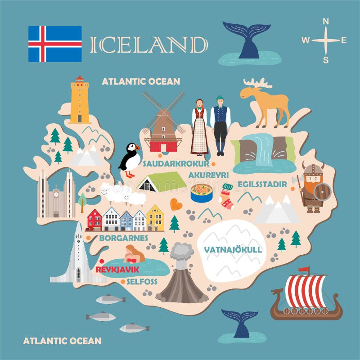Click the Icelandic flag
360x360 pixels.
(x=55, y=44)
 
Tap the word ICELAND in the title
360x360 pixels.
(x=148, y=45)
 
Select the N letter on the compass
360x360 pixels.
(x=326, y=21)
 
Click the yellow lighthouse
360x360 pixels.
(x=80, y=101)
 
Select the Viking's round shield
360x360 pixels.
(x=322, y=191)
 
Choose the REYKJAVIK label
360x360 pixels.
(x=117, y=270)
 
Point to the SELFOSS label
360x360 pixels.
(x=142, y=282)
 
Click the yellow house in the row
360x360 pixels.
(x=155, y=218)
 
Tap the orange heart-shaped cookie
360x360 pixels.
(x=176, y=204)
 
